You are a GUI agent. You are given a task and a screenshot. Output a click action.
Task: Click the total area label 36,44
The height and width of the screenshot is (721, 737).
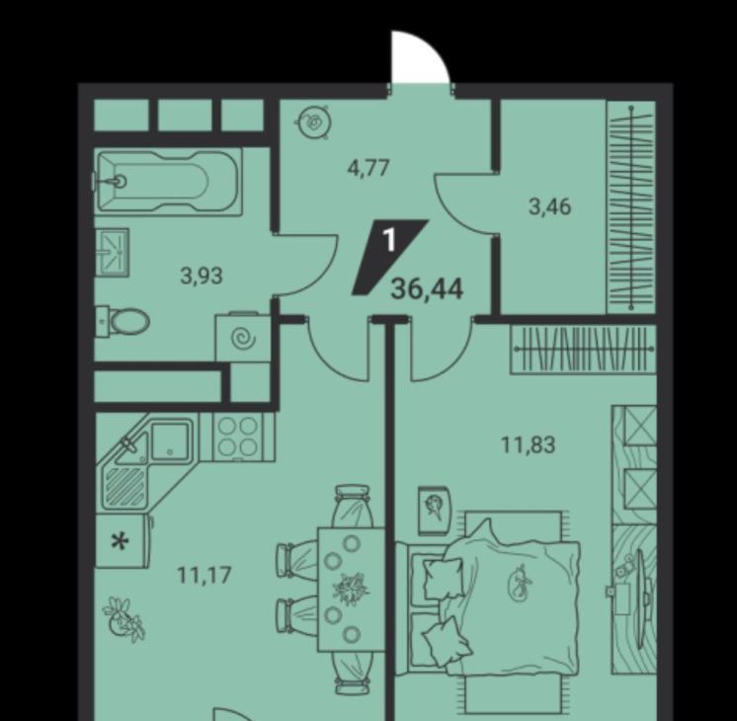click(427, 288)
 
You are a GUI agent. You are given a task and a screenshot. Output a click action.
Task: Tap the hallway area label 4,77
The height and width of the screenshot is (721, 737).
click(368, 167)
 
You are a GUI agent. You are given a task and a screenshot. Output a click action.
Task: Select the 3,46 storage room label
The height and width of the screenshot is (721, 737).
click(550, 206)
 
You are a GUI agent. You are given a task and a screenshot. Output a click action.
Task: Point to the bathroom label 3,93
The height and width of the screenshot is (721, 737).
click(202, 276)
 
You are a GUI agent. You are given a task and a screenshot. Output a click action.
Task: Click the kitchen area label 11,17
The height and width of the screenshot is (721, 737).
click(205, 575)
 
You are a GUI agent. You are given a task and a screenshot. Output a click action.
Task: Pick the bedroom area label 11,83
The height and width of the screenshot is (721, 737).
click(529, 444)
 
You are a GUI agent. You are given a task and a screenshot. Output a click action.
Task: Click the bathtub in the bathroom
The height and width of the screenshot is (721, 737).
click(168, 182)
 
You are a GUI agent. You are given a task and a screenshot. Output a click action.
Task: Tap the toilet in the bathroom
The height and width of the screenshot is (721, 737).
click(123, 322)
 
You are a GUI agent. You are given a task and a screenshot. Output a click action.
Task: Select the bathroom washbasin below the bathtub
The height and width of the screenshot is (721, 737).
click(112, 253)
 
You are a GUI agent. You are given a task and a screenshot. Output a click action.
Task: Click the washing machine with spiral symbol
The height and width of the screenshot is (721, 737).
click(242, 337)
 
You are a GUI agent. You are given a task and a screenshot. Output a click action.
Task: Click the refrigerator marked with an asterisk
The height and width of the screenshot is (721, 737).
click(123, 540)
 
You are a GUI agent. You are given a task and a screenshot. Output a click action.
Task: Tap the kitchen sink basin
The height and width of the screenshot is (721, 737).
click(170, 441)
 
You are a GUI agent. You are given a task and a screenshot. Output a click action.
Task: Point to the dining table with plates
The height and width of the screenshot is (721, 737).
click(351, 590)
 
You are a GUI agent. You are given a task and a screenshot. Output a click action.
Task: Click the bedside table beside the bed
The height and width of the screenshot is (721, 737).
click(435, 511)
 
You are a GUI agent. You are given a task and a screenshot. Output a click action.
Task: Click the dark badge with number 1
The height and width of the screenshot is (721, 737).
click(389, 257)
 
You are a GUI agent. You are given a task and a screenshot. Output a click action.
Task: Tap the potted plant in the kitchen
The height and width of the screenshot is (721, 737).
click(123, 618)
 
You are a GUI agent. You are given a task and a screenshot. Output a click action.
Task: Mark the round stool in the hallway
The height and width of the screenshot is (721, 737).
click(314, 122)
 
